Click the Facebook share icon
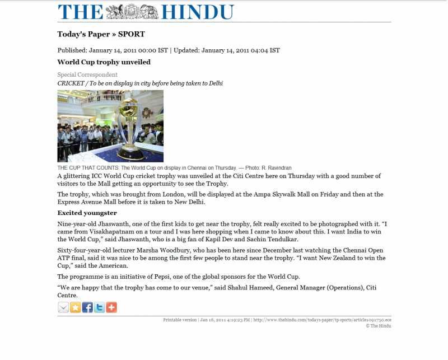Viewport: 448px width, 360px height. (87, 307)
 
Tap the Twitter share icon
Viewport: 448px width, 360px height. (100, 307)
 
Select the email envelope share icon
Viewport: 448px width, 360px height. (63, 307)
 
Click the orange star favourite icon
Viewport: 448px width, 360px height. (76, 307)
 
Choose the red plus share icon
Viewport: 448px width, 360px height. (111, 307)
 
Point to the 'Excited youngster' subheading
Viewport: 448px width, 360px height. (87, 213)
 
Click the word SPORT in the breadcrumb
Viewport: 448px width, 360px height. (131, 34)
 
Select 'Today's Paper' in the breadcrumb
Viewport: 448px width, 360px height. (83, 34)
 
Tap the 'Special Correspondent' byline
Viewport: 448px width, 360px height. (87, 74)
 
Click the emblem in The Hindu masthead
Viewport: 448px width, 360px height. (132, 12)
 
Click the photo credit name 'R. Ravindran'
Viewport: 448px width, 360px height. (277, 168)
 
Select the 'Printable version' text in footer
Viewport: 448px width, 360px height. (180, 320)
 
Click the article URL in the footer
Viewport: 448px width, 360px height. (322, 320)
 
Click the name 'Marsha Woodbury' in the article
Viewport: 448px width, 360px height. (143, 248)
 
